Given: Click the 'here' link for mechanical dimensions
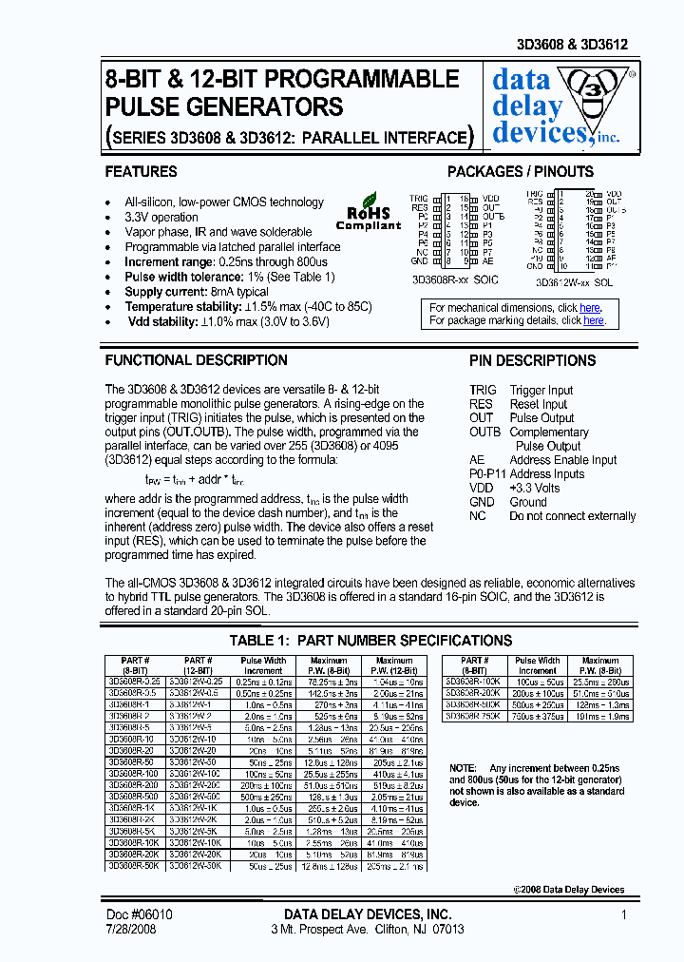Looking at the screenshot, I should [x=590, y=308].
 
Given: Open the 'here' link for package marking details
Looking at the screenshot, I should [x=594, y=321].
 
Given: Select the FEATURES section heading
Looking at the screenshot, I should [x=141, y=172].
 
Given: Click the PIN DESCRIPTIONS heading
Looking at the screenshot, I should [x=532, y=361].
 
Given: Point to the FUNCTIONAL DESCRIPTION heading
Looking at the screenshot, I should [x=196, y=361].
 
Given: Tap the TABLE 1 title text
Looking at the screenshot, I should [x=370, y=641].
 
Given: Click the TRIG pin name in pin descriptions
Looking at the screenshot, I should [x=483, y=390].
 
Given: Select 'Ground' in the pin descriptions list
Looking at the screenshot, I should [x=528, y=502].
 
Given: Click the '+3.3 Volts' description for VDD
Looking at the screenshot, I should [x=535, y=488].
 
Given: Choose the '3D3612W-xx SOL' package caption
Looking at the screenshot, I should [x=574, y=282].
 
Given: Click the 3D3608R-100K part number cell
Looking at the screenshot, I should [x=473, y=683].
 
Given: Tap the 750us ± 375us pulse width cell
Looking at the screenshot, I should [x=538, y=716].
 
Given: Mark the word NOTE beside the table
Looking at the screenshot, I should [x=463, y=767].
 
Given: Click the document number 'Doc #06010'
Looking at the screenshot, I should [x=139, y=914].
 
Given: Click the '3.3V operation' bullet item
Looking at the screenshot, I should [x=161, y=217].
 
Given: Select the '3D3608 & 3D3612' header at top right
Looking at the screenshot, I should [x=585, y=45].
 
